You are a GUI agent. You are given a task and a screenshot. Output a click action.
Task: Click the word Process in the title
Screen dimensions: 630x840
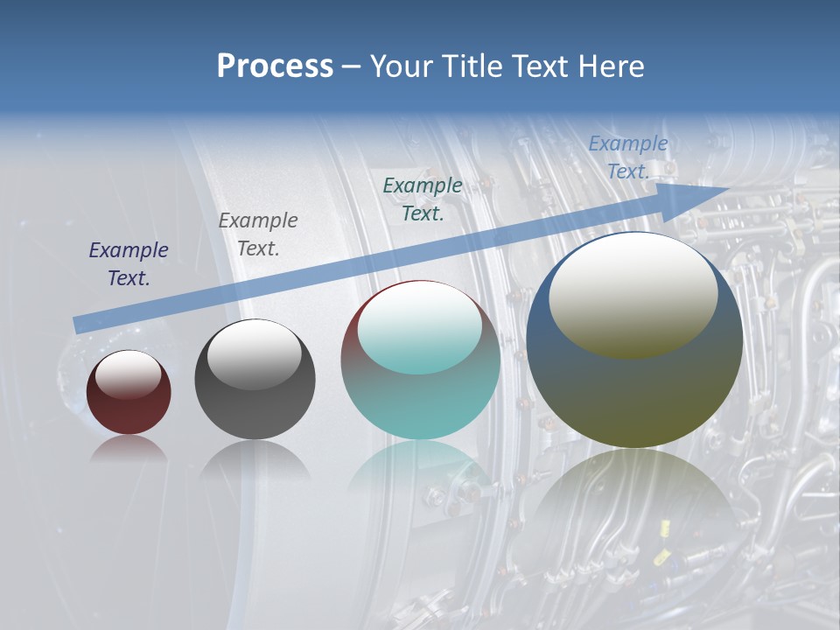pos(275,66)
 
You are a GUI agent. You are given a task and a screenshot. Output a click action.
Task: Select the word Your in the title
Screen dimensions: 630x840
pos(399,66)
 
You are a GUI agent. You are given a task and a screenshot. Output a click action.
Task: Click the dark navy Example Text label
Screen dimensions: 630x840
pos(129,264)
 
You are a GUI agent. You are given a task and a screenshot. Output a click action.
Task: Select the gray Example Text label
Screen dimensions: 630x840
pos(258,234)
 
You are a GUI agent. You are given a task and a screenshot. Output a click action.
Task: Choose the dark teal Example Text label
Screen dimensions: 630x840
pos(423,199)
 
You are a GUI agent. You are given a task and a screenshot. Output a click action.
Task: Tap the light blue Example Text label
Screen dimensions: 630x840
pos(627,157)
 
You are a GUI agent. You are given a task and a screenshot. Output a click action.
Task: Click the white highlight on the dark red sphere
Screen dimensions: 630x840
pos(128,374)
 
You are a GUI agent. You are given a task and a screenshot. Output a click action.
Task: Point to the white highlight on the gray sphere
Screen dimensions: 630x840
pos(254,354)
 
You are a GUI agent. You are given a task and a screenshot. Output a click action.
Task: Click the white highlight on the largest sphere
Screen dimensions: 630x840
pos(633,294)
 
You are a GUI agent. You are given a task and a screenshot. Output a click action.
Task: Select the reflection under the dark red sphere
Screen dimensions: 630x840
pos(129,450)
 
